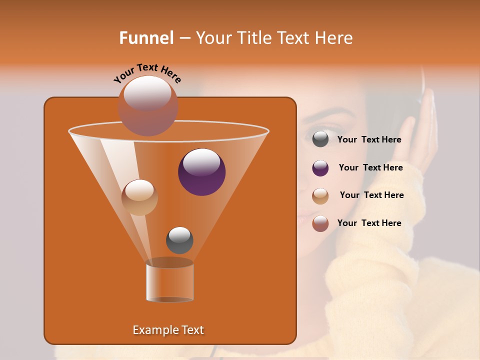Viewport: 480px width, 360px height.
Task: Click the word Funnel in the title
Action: pos(146,38)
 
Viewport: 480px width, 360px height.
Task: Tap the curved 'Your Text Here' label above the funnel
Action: pos(147,73)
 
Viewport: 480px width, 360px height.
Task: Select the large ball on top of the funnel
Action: pos(148,105)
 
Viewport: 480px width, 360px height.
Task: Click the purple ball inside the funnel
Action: pos(202,172)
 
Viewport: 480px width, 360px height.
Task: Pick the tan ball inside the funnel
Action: pos(139,197)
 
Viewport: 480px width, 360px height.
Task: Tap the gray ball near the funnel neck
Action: pos(179,240)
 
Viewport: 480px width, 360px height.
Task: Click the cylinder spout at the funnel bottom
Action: pos(169,281)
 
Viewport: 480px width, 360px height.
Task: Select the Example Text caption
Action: pos(168,330)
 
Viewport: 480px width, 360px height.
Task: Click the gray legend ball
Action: pos(320,139)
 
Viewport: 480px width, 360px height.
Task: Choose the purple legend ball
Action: pos(320,168)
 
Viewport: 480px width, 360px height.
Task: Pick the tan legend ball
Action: pos(320,196)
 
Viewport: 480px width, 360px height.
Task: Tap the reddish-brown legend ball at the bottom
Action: pos(320,223)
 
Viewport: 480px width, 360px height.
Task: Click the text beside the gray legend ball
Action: pos(369,140)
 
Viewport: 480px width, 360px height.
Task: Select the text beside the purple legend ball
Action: pos(370,168)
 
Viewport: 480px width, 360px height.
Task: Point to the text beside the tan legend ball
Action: pos(371,195)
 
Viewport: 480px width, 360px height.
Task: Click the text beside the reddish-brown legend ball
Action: pos(369,223)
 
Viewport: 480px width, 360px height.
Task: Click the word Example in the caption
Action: pos(153,330)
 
